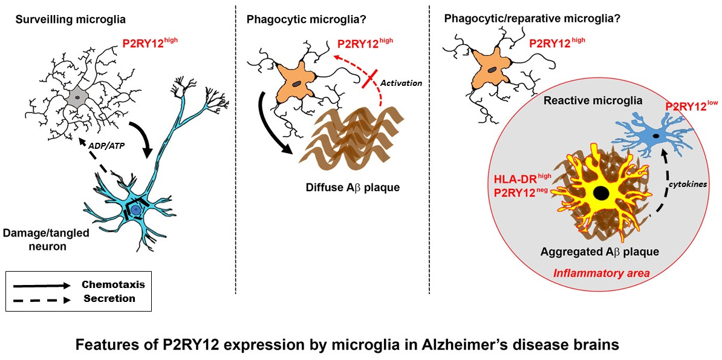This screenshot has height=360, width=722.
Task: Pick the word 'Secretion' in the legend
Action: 109,298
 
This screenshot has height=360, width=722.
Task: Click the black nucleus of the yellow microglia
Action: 600,194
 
